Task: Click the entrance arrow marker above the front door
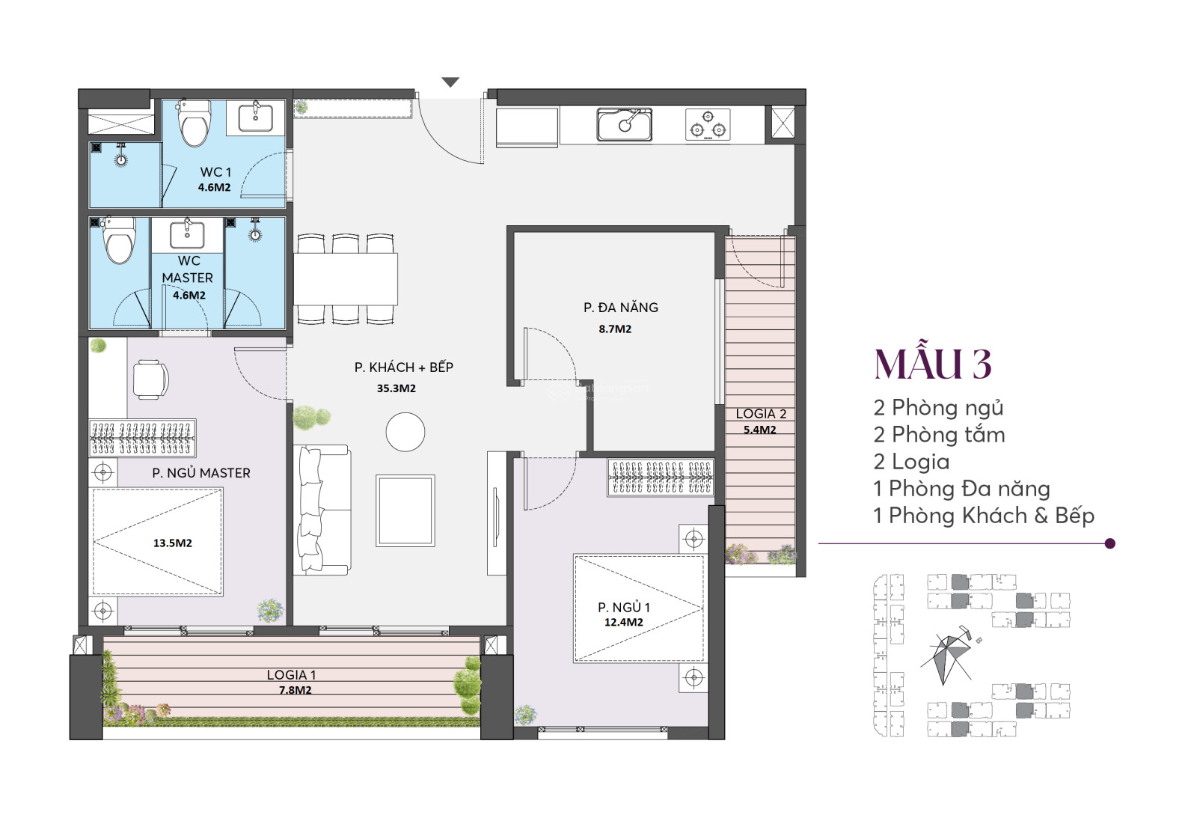coord(450,82)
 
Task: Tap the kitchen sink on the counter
coord(625,124)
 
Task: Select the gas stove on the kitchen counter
coord(708,124)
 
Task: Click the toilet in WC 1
coord(194,123)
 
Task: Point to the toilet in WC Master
coord(119,240)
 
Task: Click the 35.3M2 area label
coord(396,388)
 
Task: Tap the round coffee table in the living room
coord(405,432)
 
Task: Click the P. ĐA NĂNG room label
coord(620,308)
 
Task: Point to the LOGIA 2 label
coord(760,414)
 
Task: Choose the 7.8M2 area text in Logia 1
coord(295,690)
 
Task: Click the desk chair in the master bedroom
coord(150,379)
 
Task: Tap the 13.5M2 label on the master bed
coord(173,543)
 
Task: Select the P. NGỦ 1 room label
coord(624,607)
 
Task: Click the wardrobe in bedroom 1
coord(661,477)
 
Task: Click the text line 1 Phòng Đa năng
coord(961,489)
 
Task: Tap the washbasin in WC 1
coord(255,117)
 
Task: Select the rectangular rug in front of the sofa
coord(405,510)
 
